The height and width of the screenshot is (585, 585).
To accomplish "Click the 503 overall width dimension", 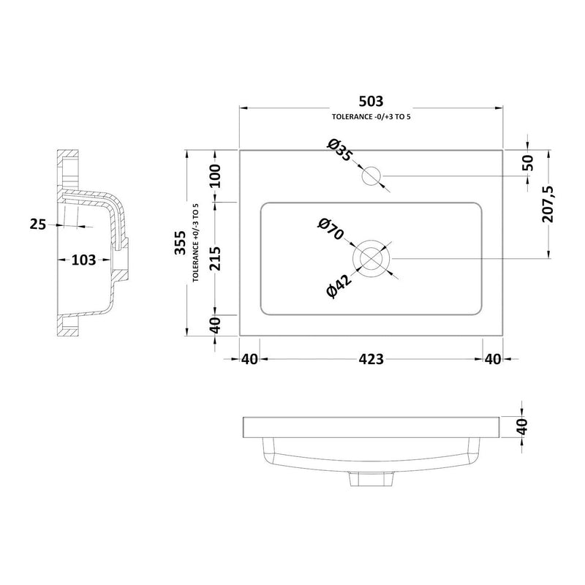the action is tap(371, 101).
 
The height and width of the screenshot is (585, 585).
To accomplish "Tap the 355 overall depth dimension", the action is tap(180, 243).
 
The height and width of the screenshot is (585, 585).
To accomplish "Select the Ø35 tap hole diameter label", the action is tap(339, 150).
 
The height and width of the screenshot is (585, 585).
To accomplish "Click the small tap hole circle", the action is tap(371, 175).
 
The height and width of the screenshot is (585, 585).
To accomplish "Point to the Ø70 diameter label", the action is tap(331, 230).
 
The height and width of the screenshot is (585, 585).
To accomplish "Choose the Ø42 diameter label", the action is tap(339, 286).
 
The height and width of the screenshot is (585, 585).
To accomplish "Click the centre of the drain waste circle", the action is tap(371, 259).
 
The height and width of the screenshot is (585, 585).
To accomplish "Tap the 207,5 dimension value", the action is tap(548, 204).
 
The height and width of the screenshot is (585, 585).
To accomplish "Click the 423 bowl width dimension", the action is tap(371, 359).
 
